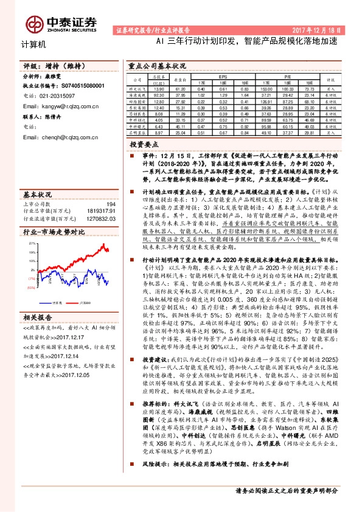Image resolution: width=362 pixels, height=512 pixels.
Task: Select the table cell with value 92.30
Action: [x=160, y=95]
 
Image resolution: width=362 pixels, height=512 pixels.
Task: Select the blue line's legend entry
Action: [x=57, y=302]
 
